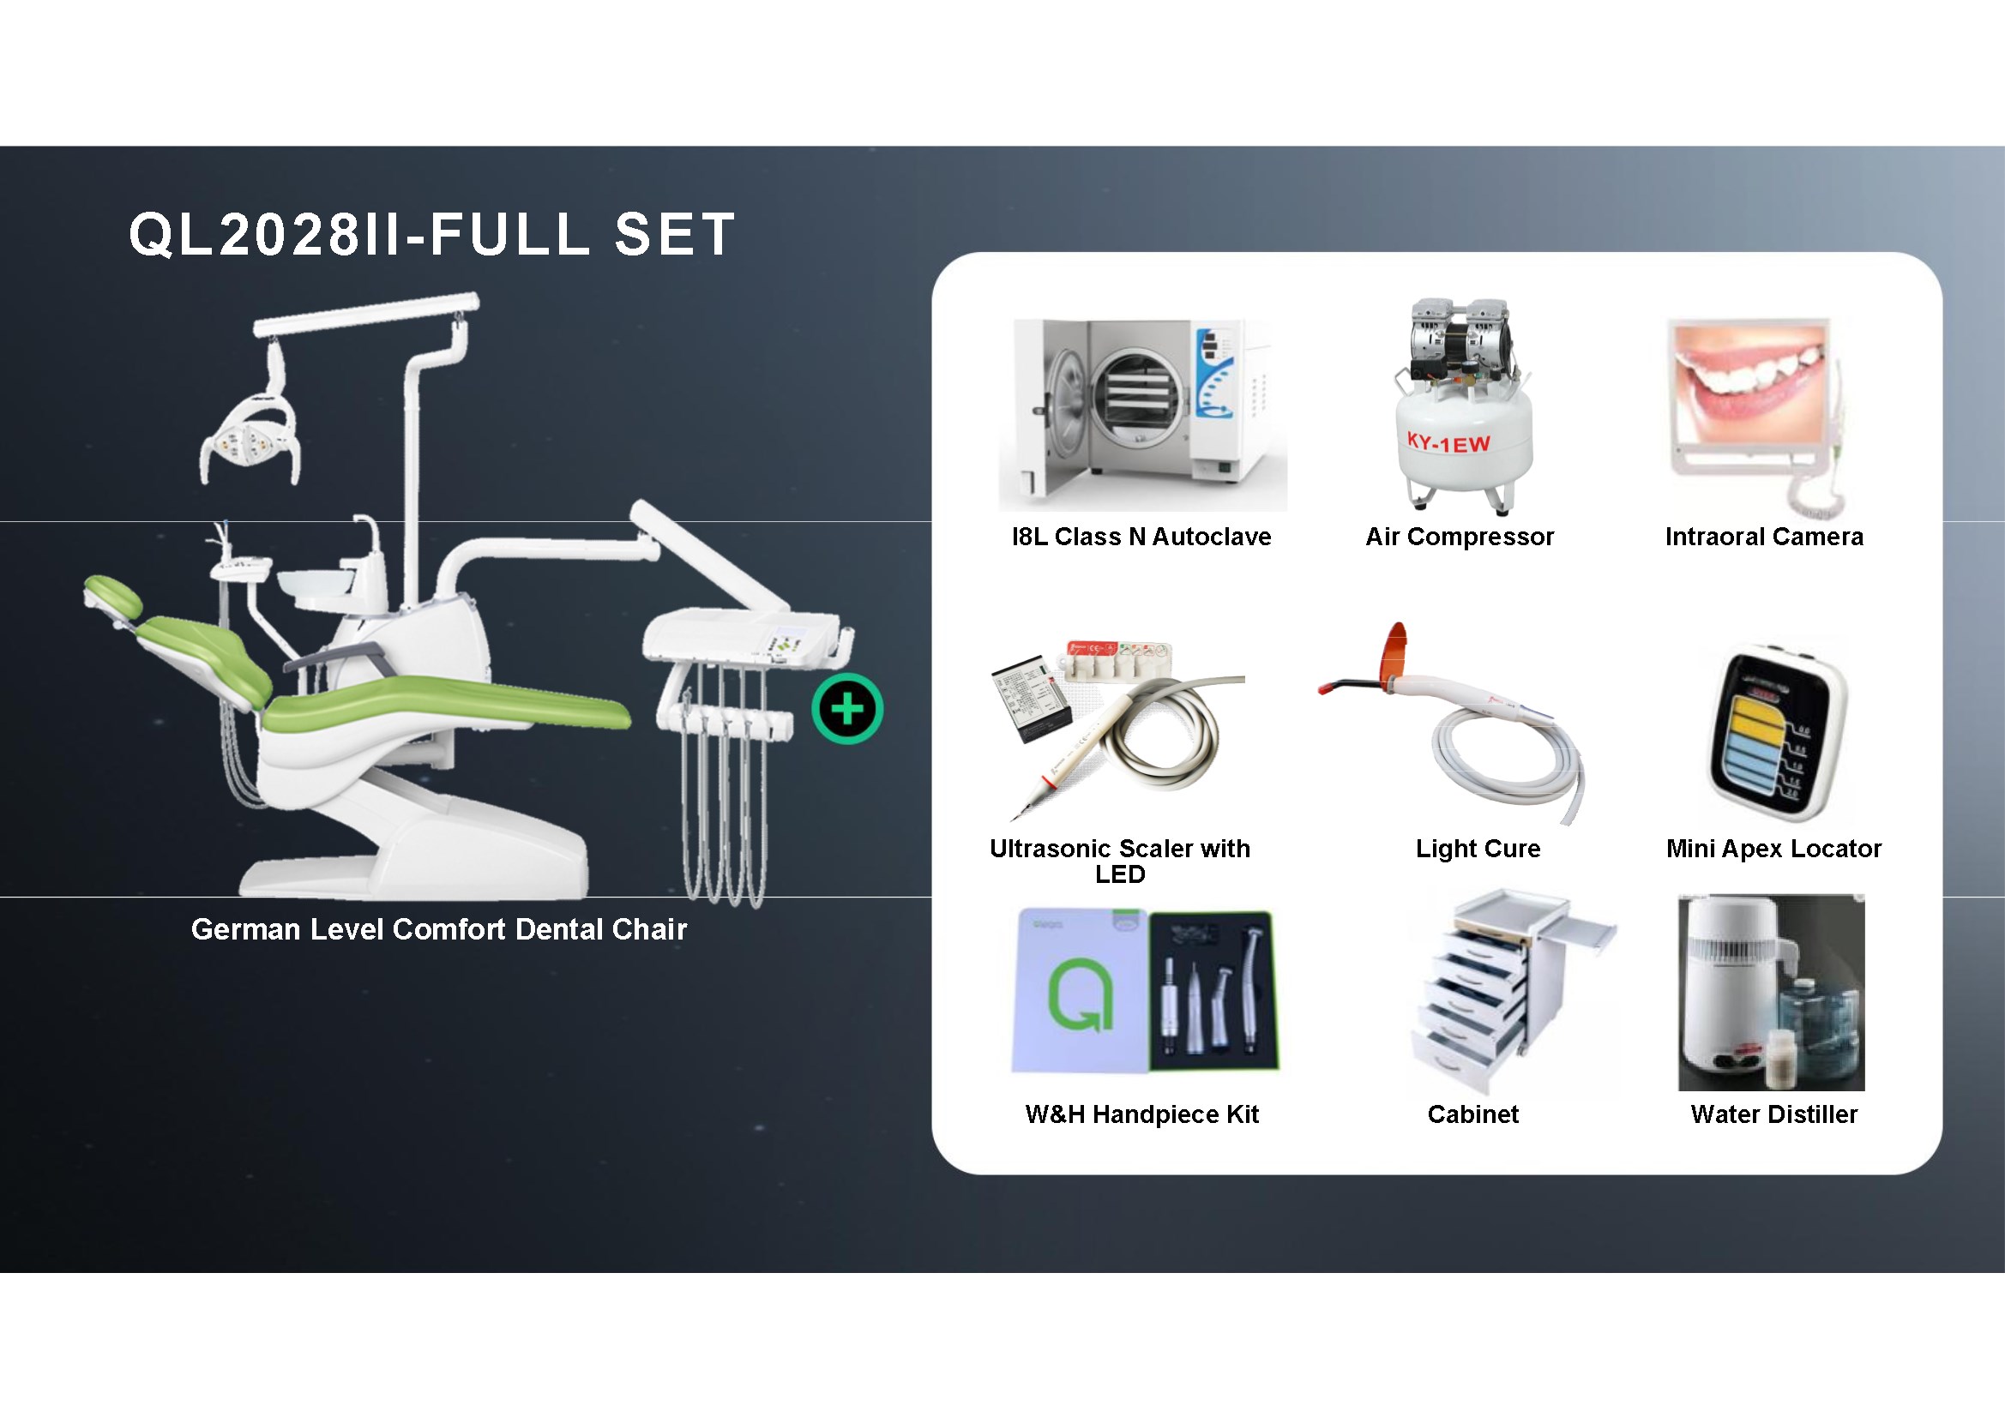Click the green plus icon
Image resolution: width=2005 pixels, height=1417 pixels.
(x=847, y=709)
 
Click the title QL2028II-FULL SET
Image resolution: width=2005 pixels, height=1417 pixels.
(x=432, y=235)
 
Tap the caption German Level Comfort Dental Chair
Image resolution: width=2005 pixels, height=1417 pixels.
(x=438, y=929)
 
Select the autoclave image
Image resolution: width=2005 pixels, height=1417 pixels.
(x=1142, y=415)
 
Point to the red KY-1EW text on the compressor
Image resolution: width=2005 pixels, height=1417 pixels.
(x=1448, y=443)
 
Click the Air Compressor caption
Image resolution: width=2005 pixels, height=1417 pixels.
(x=1460, y=537)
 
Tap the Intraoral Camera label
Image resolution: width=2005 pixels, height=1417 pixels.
(x=1764, y=537)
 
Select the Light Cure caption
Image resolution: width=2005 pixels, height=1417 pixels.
(x=1478, y=849)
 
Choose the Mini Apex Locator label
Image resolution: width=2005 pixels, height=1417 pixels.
(x=1773, y=849)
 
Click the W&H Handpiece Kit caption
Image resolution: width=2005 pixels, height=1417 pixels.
(x=1141, y=1114)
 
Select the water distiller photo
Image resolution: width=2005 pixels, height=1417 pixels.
(x=1771, y=993)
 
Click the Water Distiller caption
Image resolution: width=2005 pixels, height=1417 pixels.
(x=1773, y=1114)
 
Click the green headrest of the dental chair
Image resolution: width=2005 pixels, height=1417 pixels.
(x=113, y=594)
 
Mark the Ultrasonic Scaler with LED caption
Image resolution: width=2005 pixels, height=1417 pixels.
(x=1119, y=861)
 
